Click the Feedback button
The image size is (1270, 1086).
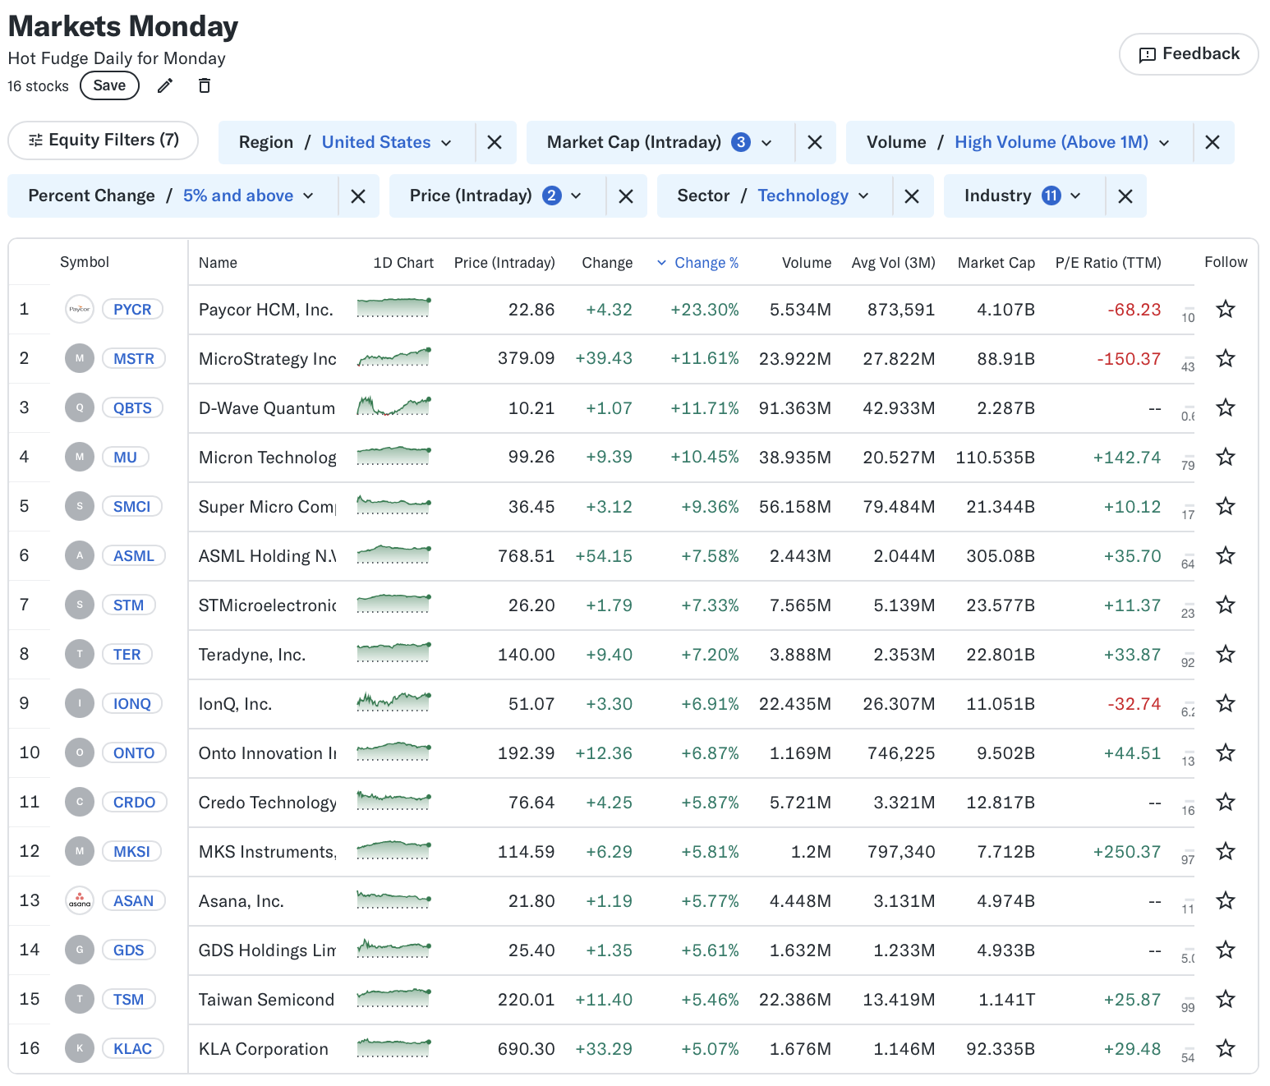(1189, 54)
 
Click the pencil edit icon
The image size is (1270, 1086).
(165, 85)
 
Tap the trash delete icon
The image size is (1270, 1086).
(205, 85)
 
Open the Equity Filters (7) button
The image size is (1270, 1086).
(104, 140)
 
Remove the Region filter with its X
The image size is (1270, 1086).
(495, 143)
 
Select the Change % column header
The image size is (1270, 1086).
(706, 263)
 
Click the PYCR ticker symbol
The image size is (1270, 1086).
(132, 310)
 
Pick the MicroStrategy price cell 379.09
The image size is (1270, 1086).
(526, 359)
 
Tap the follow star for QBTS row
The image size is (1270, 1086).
(1226, 408)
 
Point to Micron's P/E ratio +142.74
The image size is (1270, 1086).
(1126, 458)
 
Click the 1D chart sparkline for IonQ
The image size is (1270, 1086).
(393, 702)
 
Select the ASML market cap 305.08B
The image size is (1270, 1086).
(1000, 556)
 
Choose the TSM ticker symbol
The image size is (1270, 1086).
(128, 1000)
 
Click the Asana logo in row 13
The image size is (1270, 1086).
(80, 901)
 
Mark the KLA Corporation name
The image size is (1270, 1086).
(263, 1049)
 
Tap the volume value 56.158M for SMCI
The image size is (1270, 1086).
(794, 507)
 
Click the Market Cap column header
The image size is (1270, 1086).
(996, 263)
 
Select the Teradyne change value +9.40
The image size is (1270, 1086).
(609, 655)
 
